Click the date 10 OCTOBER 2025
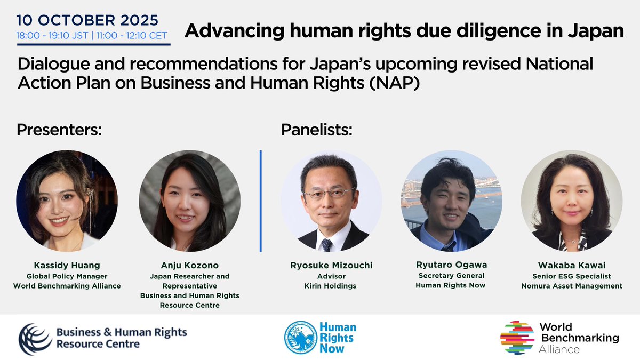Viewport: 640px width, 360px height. tap(87, 21)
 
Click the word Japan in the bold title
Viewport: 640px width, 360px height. tap(597, 31)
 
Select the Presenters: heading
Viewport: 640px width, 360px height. tap(59, 130)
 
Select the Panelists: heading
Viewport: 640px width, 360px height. tap(317, 130)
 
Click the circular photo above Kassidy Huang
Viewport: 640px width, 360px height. tap(67, 201)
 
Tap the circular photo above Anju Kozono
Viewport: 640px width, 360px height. tap(189, 201)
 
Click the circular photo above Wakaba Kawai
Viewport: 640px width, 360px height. tap(572, 201)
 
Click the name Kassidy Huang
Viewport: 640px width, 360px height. tap(67, 265)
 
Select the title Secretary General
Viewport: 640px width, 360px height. tap(451, 275)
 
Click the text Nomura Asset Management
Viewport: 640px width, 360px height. tap(572, 286)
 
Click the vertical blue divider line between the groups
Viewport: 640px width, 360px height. tap(260, 201)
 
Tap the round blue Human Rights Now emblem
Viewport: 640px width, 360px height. tap(301, 337)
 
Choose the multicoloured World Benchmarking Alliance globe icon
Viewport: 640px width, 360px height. tap(517, 337)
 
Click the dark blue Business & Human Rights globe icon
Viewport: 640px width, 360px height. tap(36, 338)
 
